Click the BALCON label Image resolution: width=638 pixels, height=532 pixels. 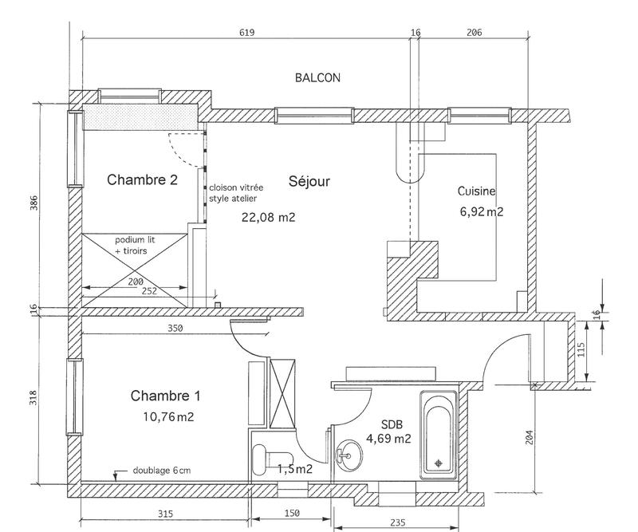(317, 78)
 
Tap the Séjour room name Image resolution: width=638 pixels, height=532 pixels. (309, 181)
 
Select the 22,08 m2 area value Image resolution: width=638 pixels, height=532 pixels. (268, 216)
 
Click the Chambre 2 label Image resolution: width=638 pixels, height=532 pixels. (142, 180)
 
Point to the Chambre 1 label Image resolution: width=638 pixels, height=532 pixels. (165, 395)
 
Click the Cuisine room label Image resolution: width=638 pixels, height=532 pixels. (477, 191)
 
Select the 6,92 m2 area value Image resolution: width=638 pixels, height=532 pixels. (481, 212)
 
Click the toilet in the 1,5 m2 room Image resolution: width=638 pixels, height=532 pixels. (262, 460)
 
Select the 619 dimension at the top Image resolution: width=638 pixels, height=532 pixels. (246, 33)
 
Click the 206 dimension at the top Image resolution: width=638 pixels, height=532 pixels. (474, 33)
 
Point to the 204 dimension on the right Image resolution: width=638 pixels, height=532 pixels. (532, 436)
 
